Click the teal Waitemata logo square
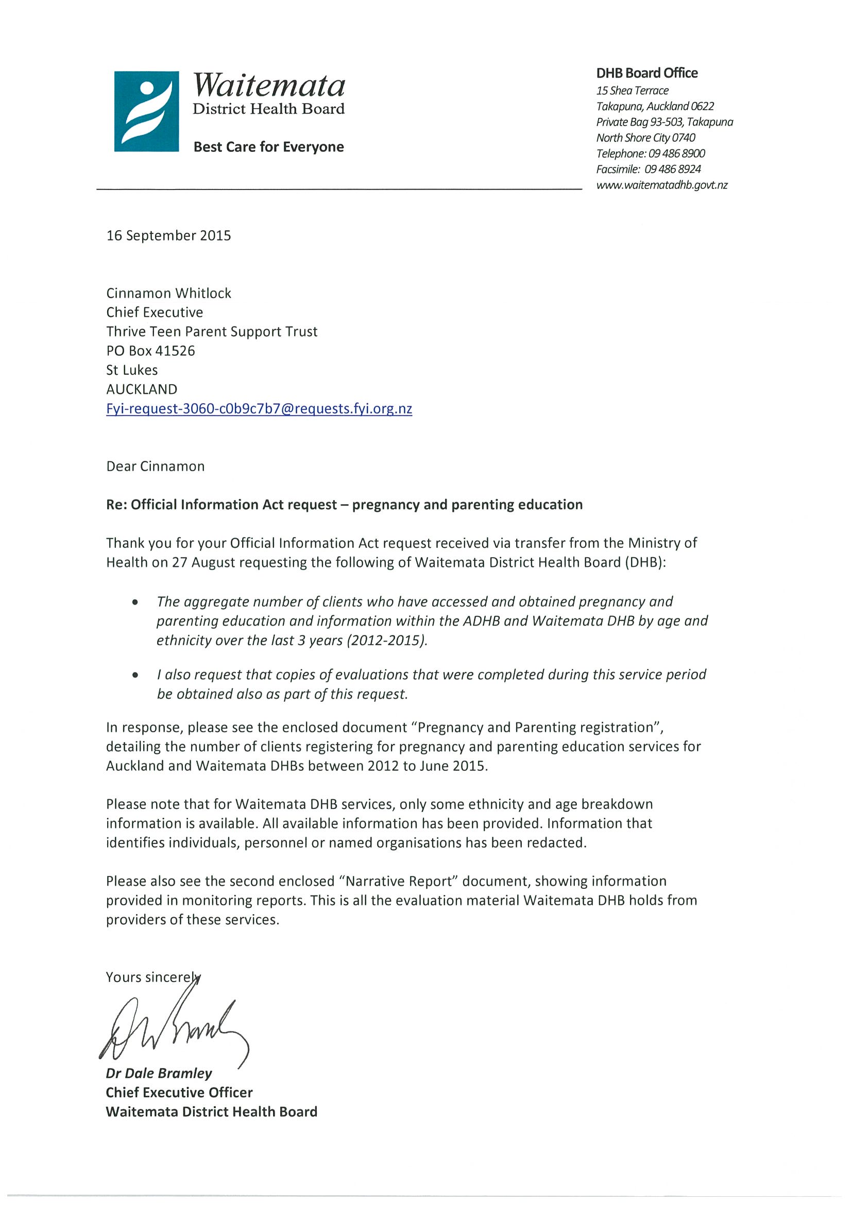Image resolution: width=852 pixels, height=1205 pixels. [146, 111]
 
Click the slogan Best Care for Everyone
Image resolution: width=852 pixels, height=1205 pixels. [268, 147]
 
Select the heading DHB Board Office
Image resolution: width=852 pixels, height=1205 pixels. [646, 73]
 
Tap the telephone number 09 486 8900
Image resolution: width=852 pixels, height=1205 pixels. [677, 153]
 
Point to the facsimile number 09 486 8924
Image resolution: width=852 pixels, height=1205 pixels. [672, 169]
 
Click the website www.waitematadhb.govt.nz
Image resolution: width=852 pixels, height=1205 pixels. [661, 185]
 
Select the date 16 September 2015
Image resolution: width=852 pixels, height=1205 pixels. [168, 236]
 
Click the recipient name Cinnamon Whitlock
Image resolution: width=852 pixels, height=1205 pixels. [168, 293]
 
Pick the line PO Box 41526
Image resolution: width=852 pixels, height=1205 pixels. [150, 351]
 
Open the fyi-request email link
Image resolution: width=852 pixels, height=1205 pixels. [259, 408]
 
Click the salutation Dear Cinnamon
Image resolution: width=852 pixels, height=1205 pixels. [156, 466]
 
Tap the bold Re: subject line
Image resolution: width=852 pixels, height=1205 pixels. [344, 504]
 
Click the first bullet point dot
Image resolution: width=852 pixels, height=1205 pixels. [135, 602]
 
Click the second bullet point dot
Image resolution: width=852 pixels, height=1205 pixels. [135, 676]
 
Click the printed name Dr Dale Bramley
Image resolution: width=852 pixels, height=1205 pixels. [159, 1073]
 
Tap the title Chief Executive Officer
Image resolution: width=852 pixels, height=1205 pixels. [179, 1093]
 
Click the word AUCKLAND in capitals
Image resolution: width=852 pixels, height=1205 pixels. [142, 389]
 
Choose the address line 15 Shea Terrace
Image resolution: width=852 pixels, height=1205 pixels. [632, 90]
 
